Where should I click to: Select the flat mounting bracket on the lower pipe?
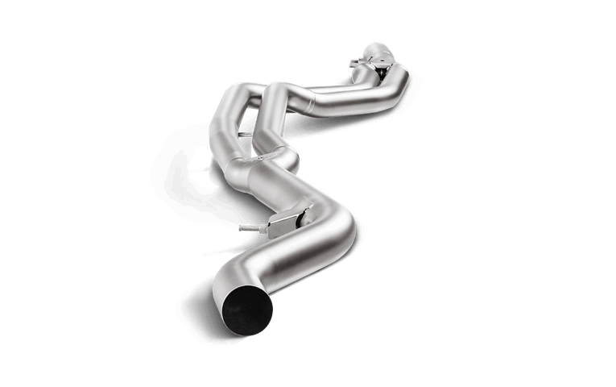[x=286, y=219]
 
